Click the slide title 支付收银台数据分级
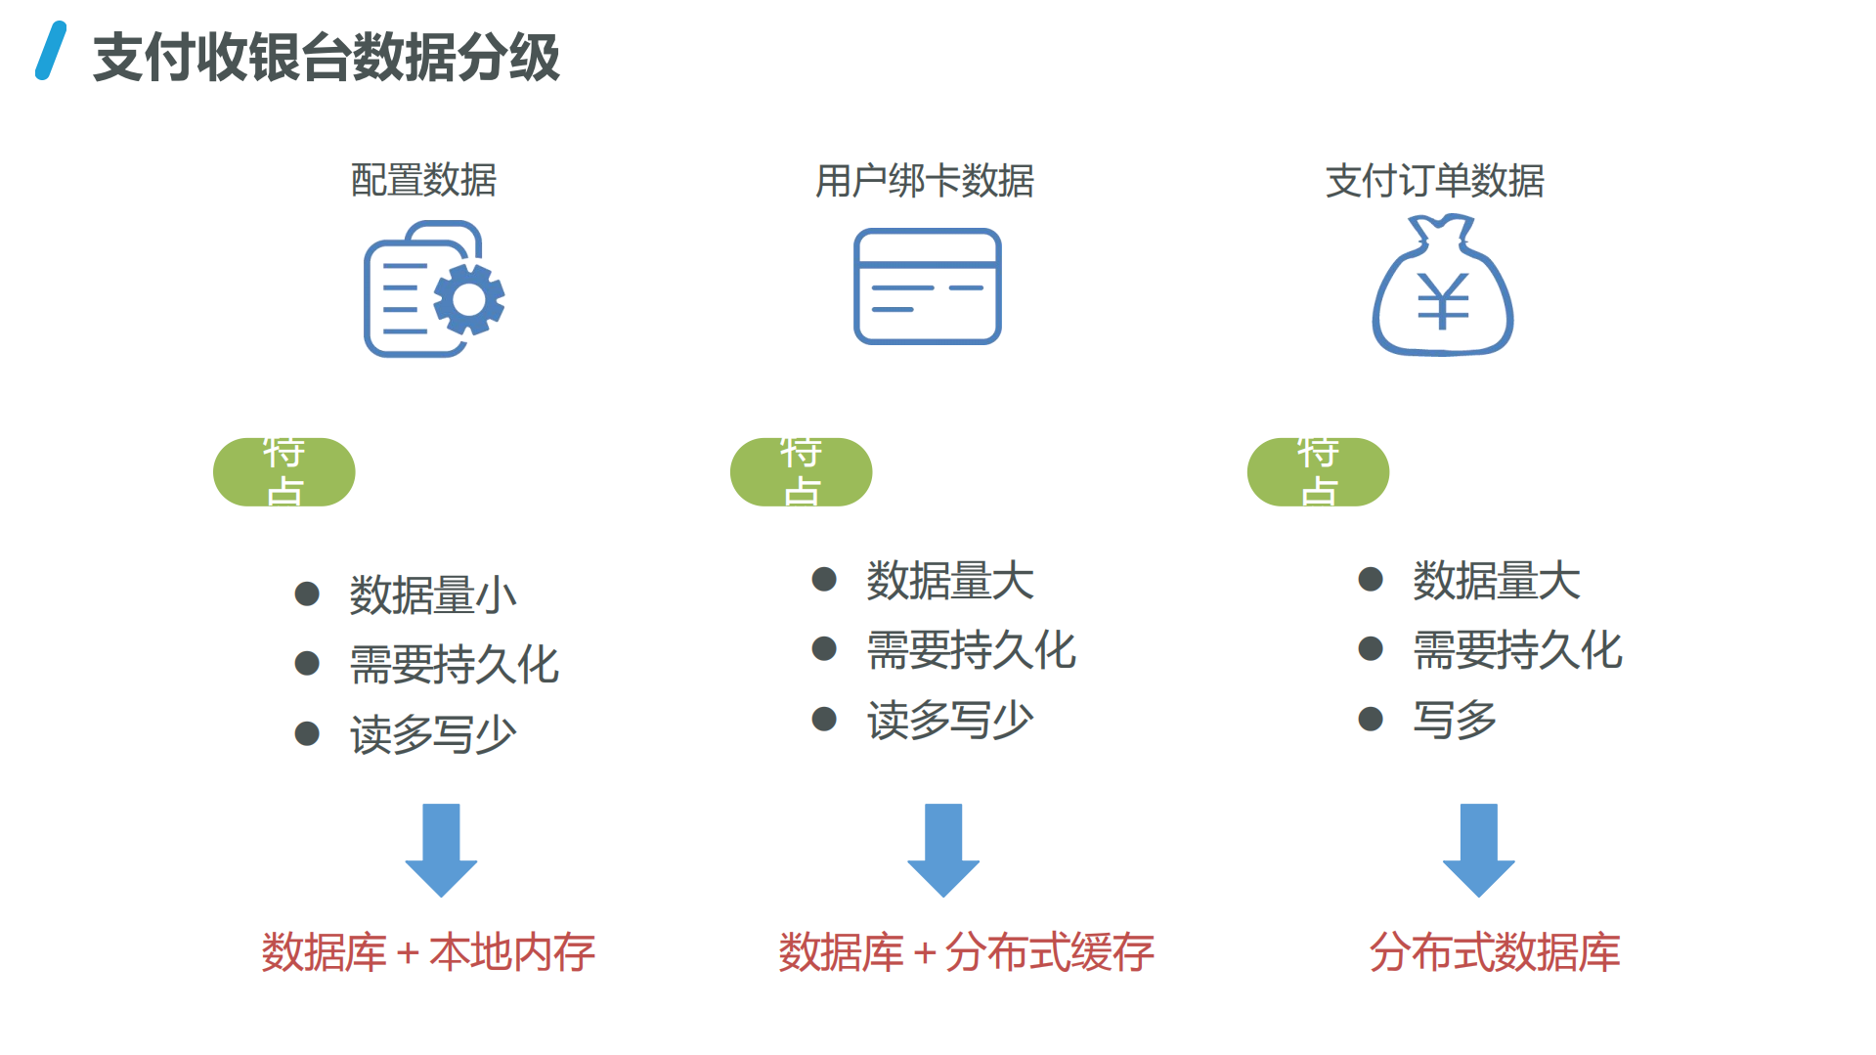pyautogui.click(x=326, y=57)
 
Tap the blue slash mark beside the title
pyautogui.click(x=51, y=51)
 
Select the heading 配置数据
pyautogui.click(x=423, y=180)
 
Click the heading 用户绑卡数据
pyautogui.click(x=924, y=181)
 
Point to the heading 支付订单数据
pyautogui.click(x=1434, y=181)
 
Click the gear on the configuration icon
pyautogui.click(x=469, y=299)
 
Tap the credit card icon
pyautogui.click(x=927, y=286)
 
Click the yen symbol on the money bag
pyautogui.click(x=1443, y=301)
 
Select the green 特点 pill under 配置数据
pyautogui.click(x=284, y=472)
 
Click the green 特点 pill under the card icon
pyautogui.click(x=801, y=472)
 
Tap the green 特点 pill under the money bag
pyautogui.click(x=1318, y=472)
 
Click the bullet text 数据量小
pyautogui.click(x=433, y=594)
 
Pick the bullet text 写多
pyautogui.click(x=1455, y=720)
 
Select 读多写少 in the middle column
pyautogui.click(x=950, y=720)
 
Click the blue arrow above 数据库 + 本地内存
pyautogui.click(x=441, y=849)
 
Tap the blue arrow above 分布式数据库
pyautogui.click(x=1478, y=849)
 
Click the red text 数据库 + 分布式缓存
pyautogui.click(x=966, y=952)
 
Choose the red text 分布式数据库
pyautogui.click(x=1494, y=952)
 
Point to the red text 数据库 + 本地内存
pyautogui.click(x=428, y=952)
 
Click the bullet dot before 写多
pyautogui.click(x=1371, y=720)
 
